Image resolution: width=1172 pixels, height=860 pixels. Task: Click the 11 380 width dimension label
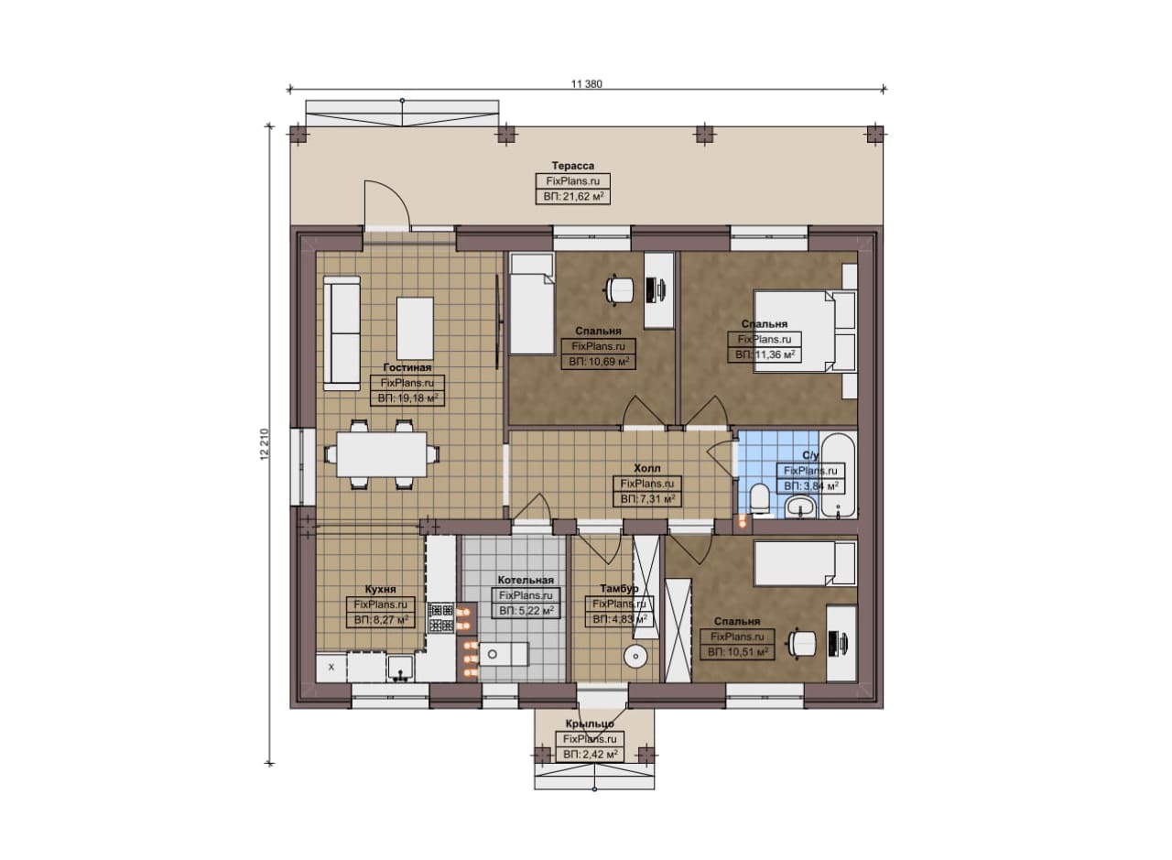(586, 83)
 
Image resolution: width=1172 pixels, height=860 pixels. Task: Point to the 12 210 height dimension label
(265, 444)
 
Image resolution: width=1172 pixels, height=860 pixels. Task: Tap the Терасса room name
(573, 166)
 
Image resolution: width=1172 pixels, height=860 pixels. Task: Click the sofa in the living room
(342, 333)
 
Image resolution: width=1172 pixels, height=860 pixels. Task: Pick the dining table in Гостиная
(382, 454)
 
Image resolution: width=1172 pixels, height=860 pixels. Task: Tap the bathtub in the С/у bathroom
(838, 474)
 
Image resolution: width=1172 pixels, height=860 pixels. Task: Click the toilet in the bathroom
(759, 498)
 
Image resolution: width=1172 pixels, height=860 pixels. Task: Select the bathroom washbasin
(800, 506)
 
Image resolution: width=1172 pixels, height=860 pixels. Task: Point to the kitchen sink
(401, 669)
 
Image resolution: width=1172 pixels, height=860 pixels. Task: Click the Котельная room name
(526, 580)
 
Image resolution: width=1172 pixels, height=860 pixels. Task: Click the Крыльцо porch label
(590, 724)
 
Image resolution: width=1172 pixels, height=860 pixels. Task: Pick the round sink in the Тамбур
(635, 656)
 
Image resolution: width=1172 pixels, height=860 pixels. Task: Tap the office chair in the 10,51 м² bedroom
(801, 643)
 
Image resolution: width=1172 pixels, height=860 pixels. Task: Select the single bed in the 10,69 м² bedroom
(532, 304)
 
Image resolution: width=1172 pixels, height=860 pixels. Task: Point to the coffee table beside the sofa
(415, 328)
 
